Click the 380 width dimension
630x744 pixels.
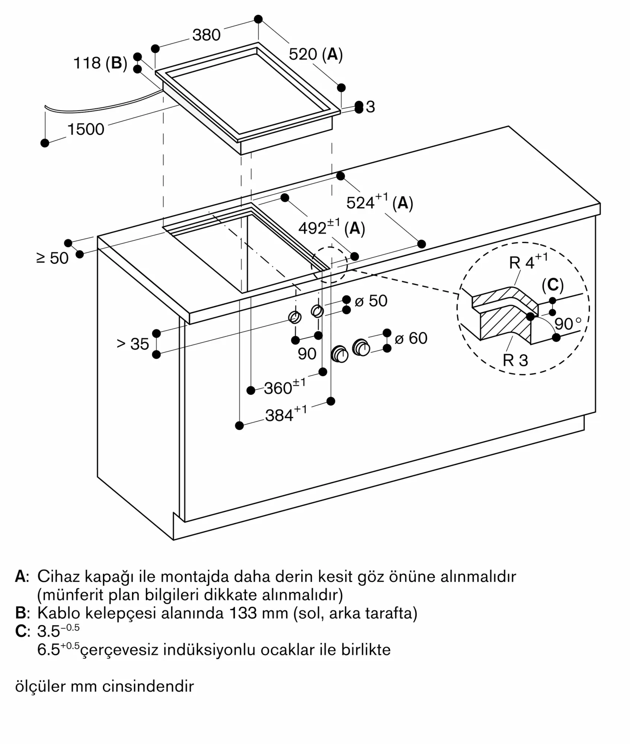207,35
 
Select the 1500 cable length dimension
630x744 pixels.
86,129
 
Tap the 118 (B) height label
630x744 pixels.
100,63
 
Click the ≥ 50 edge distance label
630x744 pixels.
52,258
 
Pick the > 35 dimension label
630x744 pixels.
133,344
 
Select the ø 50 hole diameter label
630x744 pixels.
371,301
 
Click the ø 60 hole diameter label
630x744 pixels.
411,338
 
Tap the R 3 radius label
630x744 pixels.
515,360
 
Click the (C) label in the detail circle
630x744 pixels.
553,285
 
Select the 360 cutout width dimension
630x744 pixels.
284,387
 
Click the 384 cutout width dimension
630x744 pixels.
286,414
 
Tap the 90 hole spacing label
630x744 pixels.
307,354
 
